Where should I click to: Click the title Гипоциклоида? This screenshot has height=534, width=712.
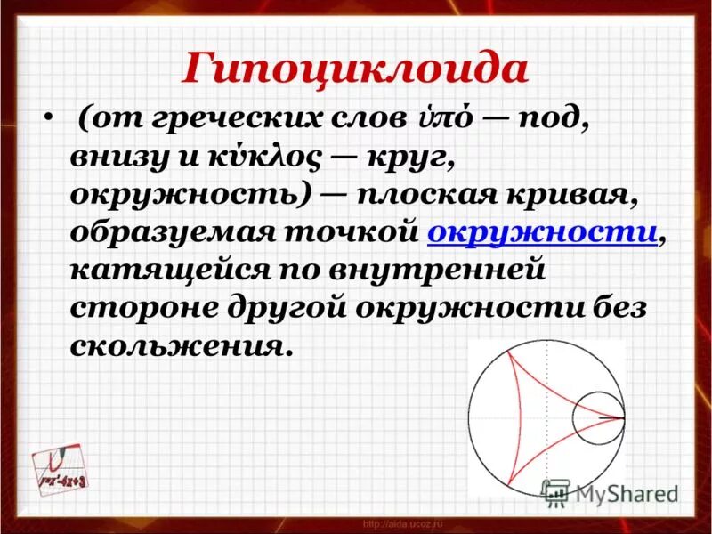point(354,68)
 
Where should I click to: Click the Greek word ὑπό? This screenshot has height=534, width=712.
point(438,120)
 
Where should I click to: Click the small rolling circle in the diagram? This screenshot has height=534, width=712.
point(597,417)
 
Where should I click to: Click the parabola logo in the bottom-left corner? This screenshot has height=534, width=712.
point(63,467)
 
